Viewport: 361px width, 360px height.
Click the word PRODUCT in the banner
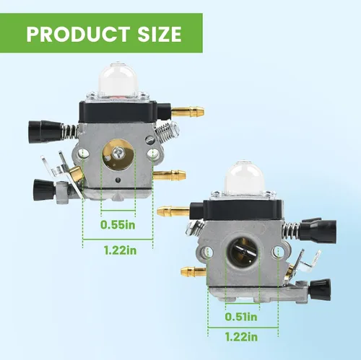pyautogui.click(x=78, y=34)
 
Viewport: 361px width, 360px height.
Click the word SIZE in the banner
pyautogui.click(x=160, y=34)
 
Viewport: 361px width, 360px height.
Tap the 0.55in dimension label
pyautogui.click(x=118, y=225)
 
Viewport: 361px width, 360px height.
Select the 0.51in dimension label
pyautogui.click(x=241, y=317)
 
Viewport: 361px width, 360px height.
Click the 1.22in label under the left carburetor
pyautogui.click(x=121, y=250)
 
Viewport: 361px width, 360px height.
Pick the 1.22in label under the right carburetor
pyautogui.click(x=241, y=337)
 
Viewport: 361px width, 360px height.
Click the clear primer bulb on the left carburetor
pyautogui.click(x=114, y=79)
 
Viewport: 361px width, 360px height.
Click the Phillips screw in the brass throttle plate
pyautogui.click(x=118, y=152)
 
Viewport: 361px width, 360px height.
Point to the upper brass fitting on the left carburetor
pyautogui.click(x=188, y=111)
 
